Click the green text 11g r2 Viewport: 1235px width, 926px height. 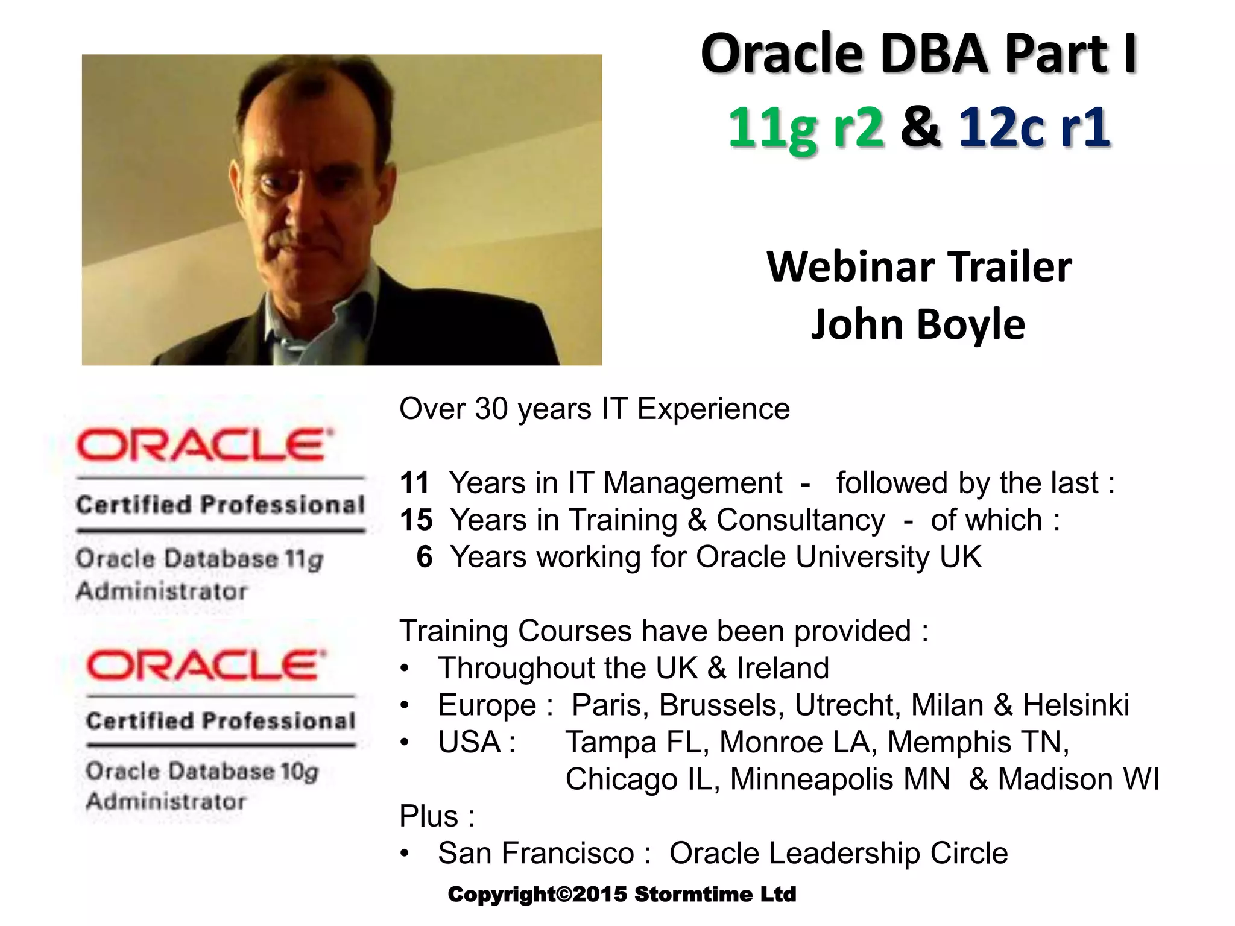[x=806, y=128]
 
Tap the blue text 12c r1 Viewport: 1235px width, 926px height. [x=1034, y=128]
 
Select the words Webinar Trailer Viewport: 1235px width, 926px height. [x=919, y=267]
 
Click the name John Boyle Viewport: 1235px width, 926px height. [x=918, y=324]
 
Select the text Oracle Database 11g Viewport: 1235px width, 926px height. [x=200, y=559]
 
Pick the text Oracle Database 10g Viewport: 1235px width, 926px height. [x=202, y=772]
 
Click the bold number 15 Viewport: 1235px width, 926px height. [x=416, y=520]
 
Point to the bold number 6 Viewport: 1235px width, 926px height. [x=425, y=556]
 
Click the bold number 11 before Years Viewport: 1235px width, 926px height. [x=414, y=483]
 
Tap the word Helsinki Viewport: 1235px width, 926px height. [x=1076, y=705]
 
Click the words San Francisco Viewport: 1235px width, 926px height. [x=536, y=853]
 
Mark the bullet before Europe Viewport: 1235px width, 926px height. [x=405, y=705]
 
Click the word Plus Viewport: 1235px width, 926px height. [x=429, y=816]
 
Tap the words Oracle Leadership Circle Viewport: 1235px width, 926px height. [x=838, y=853]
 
